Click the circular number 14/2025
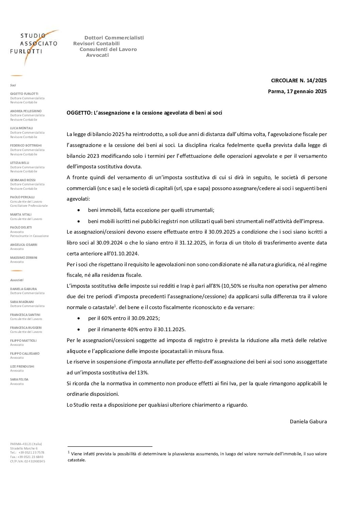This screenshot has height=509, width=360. coord(316,81)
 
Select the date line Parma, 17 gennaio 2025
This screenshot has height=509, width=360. coord(297,91)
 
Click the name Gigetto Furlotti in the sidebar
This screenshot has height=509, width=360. coord(24,94)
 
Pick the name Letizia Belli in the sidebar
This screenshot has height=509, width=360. coord(20,163)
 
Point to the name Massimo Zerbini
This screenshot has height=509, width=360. coord(24,257)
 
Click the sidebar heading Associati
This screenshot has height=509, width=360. coord(17,280)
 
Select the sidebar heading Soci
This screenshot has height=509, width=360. coord(13,85)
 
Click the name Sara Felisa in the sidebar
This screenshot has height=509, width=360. coord(19,379)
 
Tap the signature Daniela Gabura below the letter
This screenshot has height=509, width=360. coord(308,421)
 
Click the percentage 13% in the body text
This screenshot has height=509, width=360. coord(142,373)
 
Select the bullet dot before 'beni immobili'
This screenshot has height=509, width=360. coord(79,210)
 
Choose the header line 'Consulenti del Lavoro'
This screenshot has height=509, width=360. coord(108,49)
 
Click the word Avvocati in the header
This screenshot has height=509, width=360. coord(97,55)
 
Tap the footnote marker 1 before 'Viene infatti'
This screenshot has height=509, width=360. coord(69,452)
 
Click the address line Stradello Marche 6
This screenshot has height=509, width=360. coord(24,448)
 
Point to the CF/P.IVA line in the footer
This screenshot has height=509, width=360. coord(28,461)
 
